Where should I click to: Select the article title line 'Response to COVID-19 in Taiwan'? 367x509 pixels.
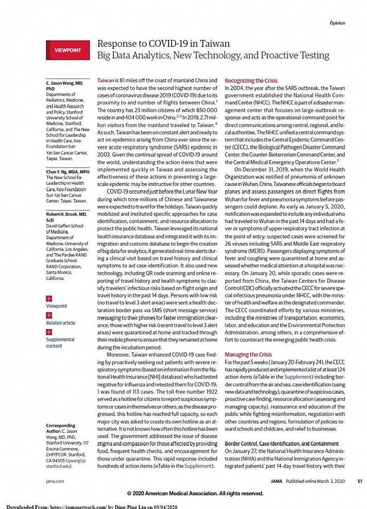click(x=164, y=44)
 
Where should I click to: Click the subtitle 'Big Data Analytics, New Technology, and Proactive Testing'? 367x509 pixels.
click(x=213, y=55)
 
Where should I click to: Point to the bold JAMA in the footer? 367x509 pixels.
click(x=276, y=481)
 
